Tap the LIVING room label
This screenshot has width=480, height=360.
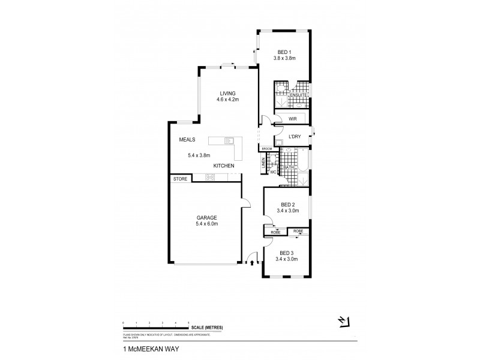click(x=228, y=92)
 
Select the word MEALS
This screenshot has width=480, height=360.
click(x=188, y=140)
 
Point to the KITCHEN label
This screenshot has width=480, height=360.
click(x=223, y=166)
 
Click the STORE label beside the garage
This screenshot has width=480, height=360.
click(x=181, y=179)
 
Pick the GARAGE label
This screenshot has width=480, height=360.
click(x=205, y=217)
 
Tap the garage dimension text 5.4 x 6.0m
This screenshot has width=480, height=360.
click(x=206, y=224)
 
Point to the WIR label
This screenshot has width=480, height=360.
click(x=293, y=119)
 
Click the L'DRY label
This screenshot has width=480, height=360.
click(x=295, y=137)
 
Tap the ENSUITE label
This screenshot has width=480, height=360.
click(x=298, y=95)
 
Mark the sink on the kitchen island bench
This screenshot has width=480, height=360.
click(x=228, y=142)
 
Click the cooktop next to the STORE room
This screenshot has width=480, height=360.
click(x=211, y=178)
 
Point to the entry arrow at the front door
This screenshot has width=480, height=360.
click(x=251, y=262)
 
